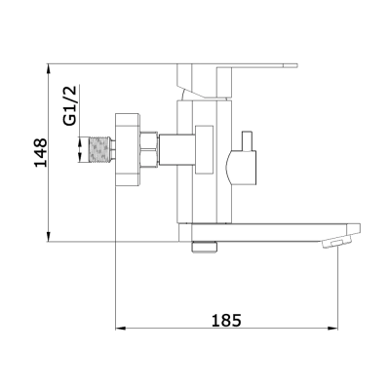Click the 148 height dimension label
pyautogui.click(x=40, y=152)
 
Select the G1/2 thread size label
pyautogui.click(x=69, y=105)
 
